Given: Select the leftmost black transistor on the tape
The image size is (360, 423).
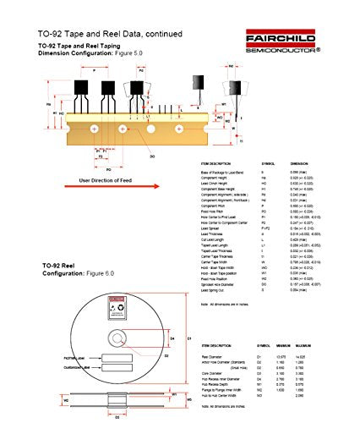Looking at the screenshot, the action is tap(84, 86).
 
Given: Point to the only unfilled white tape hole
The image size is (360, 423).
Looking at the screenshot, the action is tap(152, 129).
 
